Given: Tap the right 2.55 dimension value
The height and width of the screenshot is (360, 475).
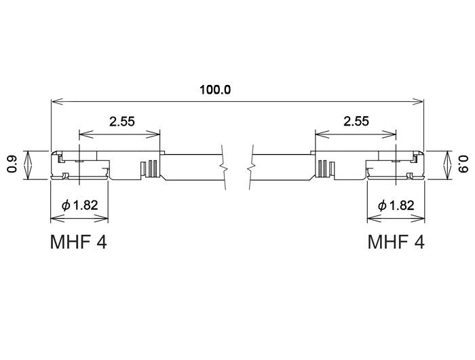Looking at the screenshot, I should pos(356,122).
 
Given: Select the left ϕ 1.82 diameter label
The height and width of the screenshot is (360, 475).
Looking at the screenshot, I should pos(79,205).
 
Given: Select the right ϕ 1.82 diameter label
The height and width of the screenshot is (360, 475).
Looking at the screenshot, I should pos(395,205).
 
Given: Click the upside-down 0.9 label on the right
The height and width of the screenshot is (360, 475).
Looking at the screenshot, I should pos(463,164).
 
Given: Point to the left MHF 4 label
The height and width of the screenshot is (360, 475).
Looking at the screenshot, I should pos(79,242).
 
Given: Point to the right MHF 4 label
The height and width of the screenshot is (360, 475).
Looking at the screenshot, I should pos(396,242).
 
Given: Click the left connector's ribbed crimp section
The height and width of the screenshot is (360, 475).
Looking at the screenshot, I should pos(149,168).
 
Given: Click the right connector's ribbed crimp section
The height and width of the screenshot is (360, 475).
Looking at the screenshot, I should pos(325,168).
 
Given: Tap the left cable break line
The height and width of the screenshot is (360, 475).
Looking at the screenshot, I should pos(222,166).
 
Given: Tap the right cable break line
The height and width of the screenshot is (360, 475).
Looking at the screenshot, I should pos(252,166).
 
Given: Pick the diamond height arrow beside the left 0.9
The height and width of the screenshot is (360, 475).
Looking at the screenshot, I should pos(28,164).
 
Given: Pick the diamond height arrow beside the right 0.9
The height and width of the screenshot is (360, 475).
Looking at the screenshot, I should pos(446,164).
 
